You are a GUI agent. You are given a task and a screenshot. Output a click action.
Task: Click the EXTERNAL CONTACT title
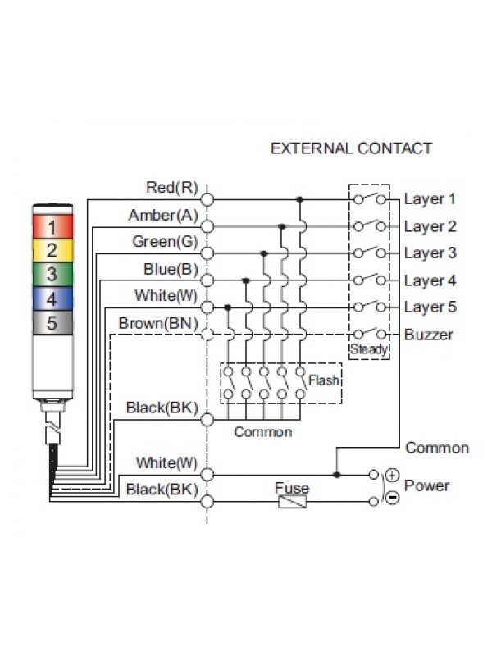click(x=351, y=148)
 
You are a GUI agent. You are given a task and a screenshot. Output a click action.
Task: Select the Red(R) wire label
click(x=171, y=188)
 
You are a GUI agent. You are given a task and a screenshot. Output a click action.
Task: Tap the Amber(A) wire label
click(x=163, y=215)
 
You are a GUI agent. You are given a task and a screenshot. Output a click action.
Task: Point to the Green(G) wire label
click(x=165, y=242)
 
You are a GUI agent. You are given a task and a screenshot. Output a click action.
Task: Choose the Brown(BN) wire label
click(x=158, y=323)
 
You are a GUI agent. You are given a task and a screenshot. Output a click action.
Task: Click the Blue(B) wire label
click(x=170, y=269)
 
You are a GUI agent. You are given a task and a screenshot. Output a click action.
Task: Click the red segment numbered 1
click(x=52, y=225)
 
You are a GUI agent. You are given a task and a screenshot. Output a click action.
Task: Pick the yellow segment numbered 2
click(x=52, y=250)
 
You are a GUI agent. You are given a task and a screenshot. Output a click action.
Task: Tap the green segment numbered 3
click(x=52, y=274)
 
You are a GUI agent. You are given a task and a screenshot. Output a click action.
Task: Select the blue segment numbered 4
click(x=52, y=298)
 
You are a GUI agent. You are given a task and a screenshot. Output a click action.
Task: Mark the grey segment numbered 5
click(x=52, y=323)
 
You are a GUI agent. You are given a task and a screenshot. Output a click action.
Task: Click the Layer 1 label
click(x=430, y=199)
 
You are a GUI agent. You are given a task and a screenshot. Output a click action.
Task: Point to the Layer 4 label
click(x=430, y=280)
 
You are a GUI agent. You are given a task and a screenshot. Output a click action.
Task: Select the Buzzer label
click(x=429, y=335)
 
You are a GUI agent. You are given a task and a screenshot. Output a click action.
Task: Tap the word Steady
click(x=368, y=349)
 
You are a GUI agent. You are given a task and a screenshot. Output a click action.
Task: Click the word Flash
click(x=323, y=380)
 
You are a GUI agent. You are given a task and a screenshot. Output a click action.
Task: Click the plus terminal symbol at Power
click(x=392, y=475)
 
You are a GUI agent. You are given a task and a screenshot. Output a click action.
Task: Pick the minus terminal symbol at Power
click(x=392, y=499)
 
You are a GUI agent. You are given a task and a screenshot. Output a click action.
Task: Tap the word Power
click(x=427, y=485)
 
